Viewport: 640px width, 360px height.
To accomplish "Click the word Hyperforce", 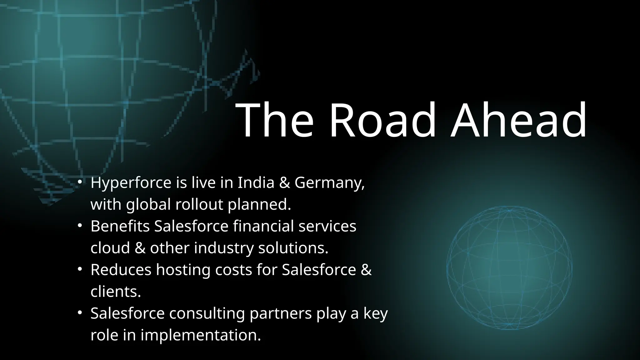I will pyautogui.click(x=131, y=183).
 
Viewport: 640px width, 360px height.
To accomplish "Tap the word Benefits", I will pyautogui.click(x=120, y=226).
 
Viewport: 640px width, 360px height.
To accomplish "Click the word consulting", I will pyautogui.click(x=207, y=314).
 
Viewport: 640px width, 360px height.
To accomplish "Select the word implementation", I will pyautogui.click(x=200, y=335).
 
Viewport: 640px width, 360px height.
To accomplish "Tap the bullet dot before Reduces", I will pyautogui.click(x=80, y=269).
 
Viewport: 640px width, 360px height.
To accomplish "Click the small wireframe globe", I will pyautogui.click(x=509, y=268).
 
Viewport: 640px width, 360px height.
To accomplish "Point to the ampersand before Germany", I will pyautogui.click(x=284, y=183).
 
